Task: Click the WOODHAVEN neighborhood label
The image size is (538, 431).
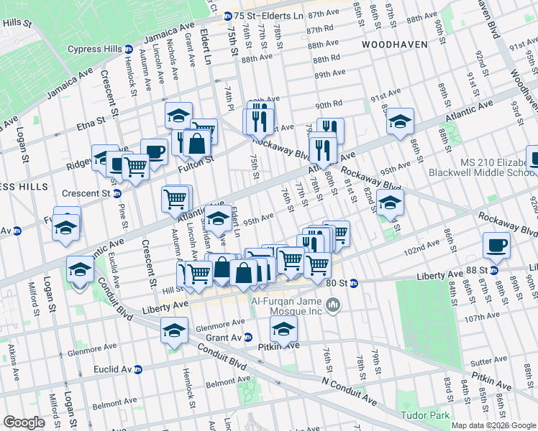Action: [x=394, y=44]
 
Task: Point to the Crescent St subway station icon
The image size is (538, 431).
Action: [x=117, y=194]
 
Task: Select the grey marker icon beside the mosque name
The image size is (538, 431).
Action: [x=333, y=307]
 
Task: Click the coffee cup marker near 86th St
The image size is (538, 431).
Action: [x=496, y=246]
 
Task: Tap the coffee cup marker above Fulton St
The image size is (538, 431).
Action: [x=154, y=152]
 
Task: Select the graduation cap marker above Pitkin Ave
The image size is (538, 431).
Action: [x=283, y=330]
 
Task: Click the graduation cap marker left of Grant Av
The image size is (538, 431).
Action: [x=174, y=330]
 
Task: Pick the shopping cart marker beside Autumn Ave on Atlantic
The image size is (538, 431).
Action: [x=176, y=198]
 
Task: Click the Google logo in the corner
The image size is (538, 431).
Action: [x=24, y=422]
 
